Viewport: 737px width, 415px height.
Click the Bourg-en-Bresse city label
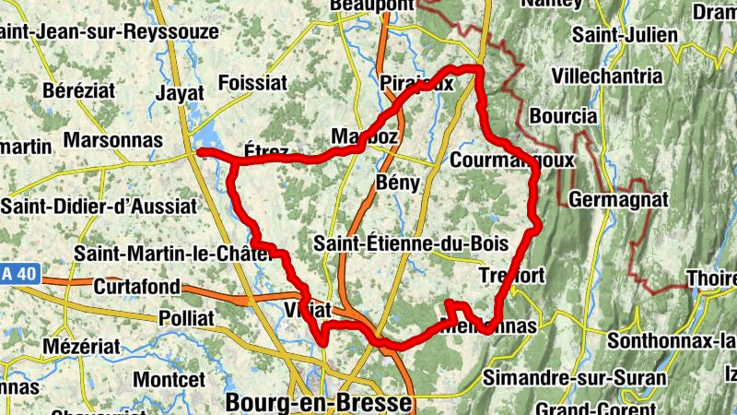click(x=318, y=403)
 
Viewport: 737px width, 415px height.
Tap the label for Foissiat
click(x=252, y=83)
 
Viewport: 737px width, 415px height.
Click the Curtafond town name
click(x=136, y=287)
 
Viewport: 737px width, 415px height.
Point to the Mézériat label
click(x=81, y=348)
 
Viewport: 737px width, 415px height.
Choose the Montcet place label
click(x=169, y=379)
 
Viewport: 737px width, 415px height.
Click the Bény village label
click(x=398, y=183)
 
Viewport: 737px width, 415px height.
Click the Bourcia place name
click(x=564, y=117)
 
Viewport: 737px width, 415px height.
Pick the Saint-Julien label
click(x=625, y=35)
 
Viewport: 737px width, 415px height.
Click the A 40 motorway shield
click(x=16, y=274)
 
